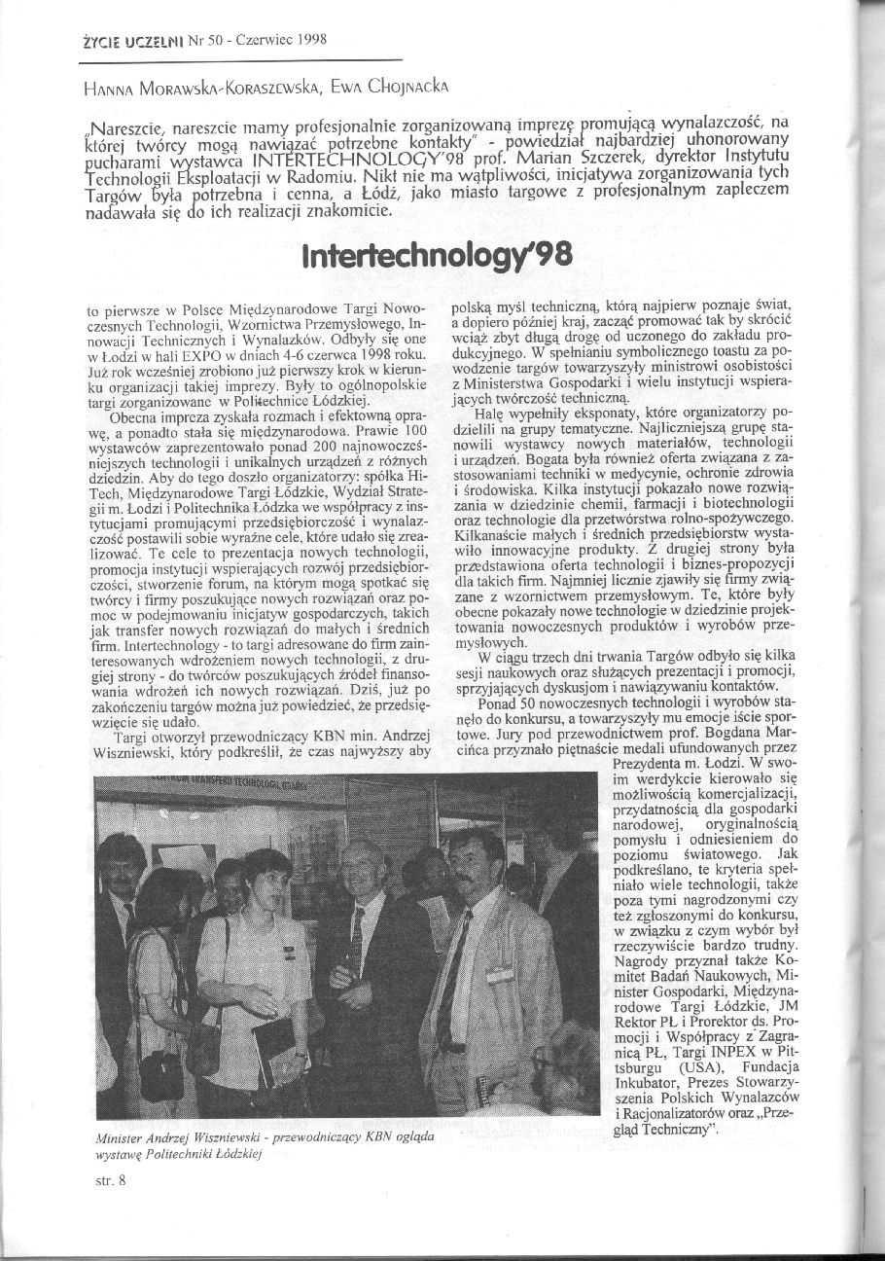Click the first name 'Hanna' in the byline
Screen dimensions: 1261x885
(x=104, y=88)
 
